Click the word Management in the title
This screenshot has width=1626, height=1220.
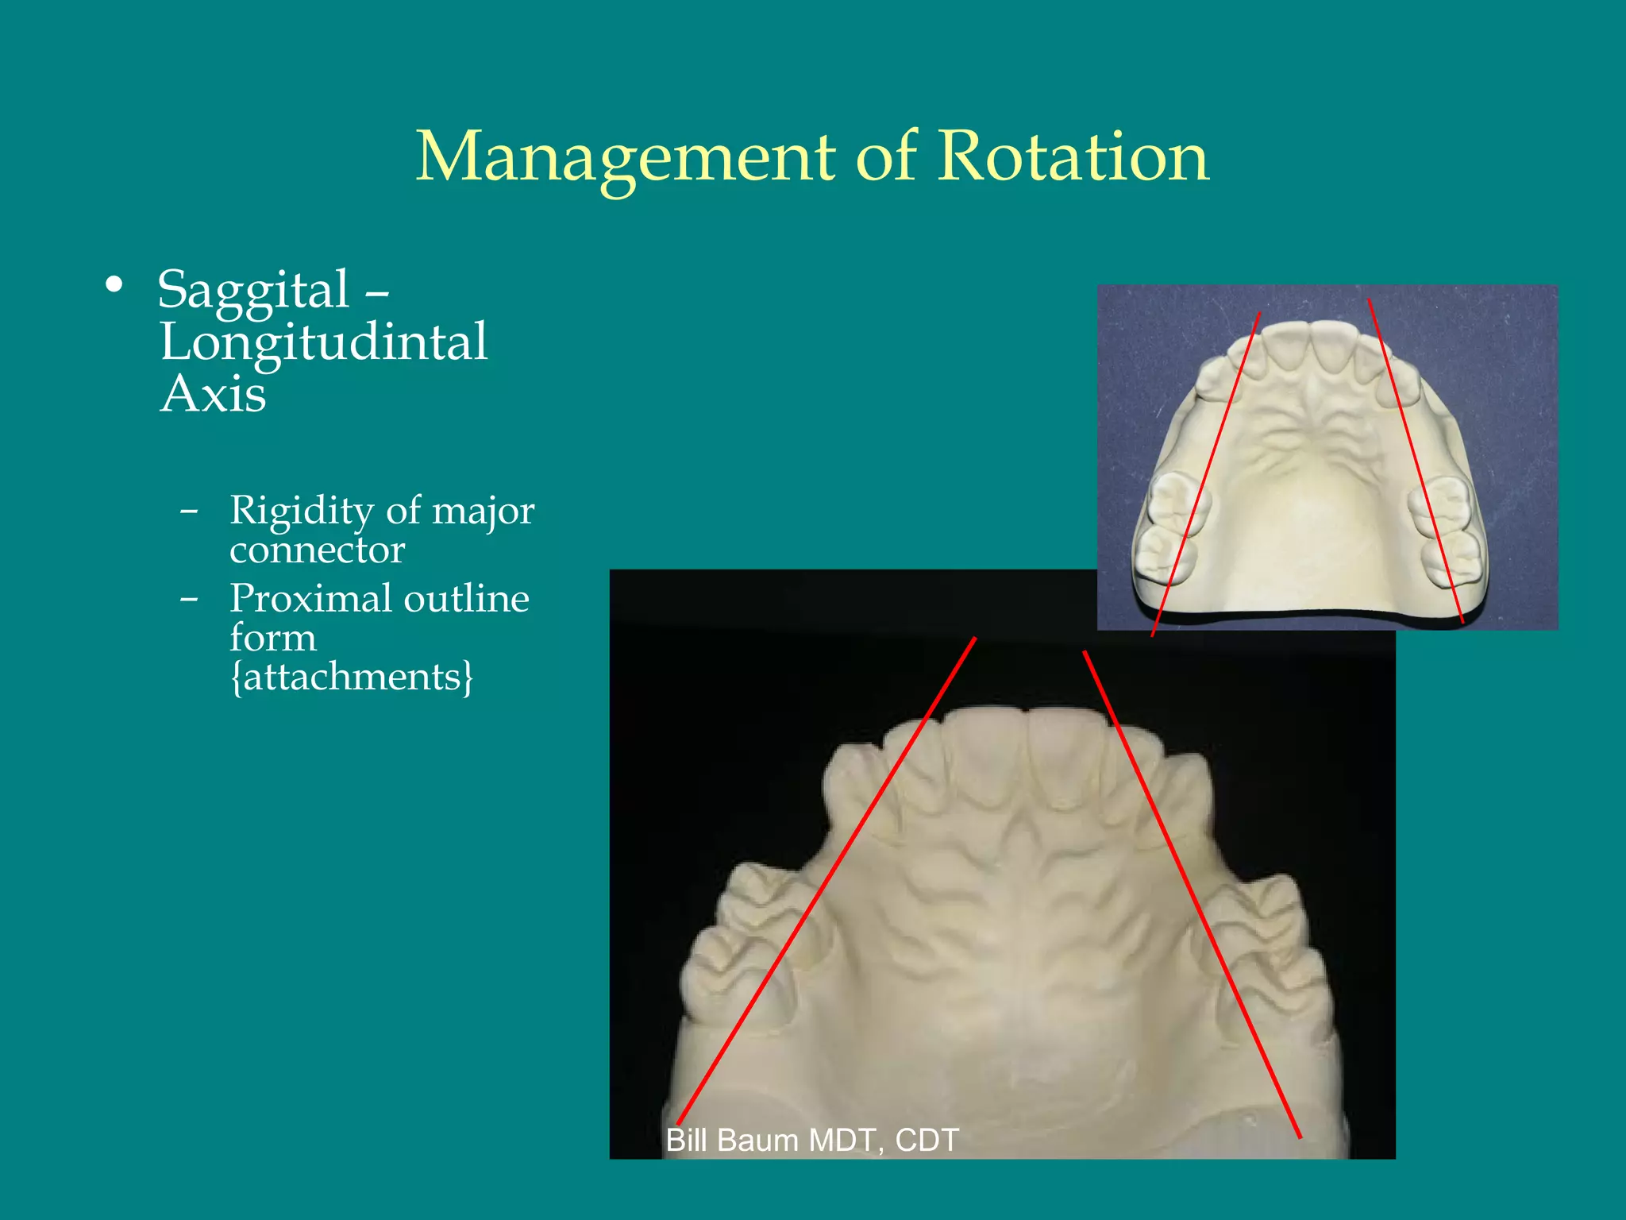626,157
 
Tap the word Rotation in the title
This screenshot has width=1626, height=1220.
1073,156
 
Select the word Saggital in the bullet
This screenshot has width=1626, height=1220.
253,289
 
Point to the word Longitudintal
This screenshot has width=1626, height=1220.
323,343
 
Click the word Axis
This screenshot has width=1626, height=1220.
213,394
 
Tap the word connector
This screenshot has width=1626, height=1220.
317,550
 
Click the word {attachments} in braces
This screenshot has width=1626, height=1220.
351,677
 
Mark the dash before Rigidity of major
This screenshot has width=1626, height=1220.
188,512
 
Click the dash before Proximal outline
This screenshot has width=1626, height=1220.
188,600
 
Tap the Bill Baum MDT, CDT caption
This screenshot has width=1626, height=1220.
812,1140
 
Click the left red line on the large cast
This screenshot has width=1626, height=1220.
826,882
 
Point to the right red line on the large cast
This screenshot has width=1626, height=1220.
1191,894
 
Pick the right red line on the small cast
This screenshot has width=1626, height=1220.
1416,461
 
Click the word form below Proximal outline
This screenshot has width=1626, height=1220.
272,638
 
